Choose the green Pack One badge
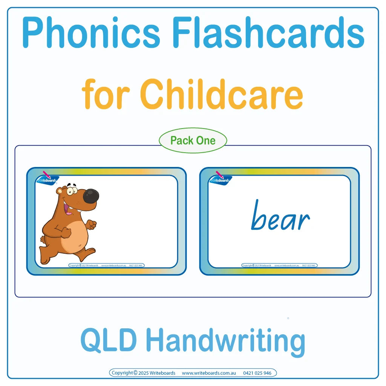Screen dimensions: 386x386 tap(193, 141)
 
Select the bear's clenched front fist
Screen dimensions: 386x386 tap(91, 225)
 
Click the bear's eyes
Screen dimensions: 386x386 tap(70, 189)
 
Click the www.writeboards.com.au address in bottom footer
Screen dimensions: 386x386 tap(209, 373)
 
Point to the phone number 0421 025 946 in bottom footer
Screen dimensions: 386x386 tap(257, 373)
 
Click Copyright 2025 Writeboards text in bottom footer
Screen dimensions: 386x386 tap(144, 373)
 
